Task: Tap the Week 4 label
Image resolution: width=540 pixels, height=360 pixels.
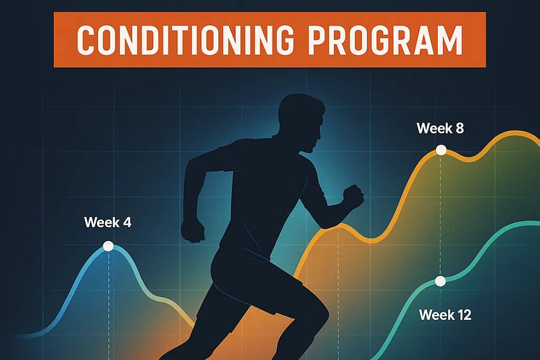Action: pyautogui.click(x=107, y=222)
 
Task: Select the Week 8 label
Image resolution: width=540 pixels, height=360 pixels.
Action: pyautogui.click(x=440, y=128)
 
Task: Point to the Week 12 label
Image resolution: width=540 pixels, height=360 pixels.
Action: pyautogui.click(x=445, y=315)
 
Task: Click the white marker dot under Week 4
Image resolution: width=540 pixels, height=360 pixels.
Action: pyautogui.click(x=108, y=246)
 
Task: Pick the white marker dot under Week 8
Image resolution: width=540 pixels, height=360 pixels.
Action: pyautogui.click(x=441, y=150)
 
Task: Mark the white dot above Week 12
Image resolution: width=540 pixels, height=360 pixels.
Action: pyautogui.click(x=440, y=282)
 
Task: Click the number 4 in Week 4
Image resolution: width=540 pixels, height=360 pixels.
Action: pyautogui.click(x=127, y=222)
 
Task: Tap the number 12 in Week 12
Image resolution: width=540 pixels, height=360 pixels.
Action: pyautogui.click(x=462, y=315)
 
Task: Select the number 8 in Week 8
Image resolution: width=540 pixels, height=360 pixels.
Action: pyautogui.click(x=459, y=128)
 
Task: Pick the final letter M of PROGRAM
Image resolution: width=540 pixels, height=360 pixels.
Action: pyautogui.click(x=449, y=40)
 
